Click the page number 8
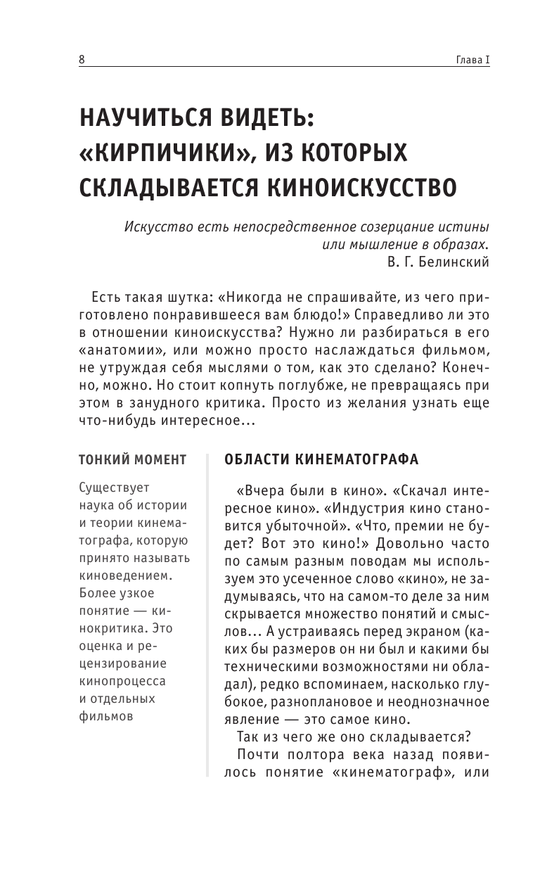point(82,60)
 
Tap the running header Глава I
point(469,60)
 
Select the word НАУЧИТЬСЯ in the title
point(141,120)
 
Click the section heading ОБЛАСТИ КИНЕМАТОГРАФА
point(321,460)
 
